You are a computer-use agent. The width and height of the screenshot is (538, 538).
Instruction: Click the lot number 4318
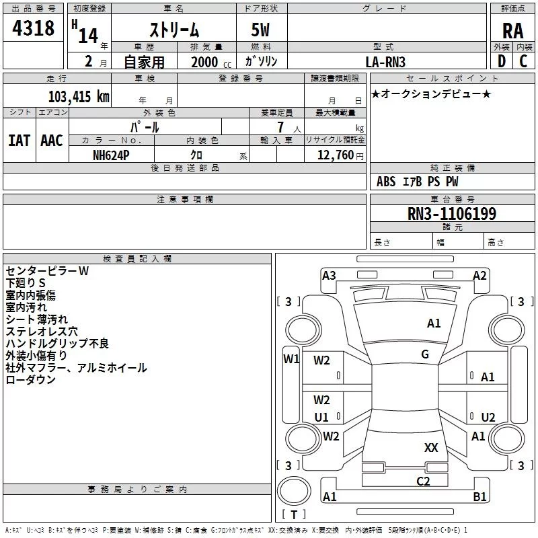[33, 28]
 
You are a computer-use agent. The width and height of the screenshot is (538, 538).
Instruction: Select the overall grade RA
[512, 30]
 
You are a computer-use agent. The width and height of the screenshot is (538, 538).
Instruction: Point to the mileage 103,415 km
[79, 96]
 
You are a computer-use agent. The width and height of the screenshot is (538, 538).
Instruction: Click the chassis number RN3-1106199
[452, 214]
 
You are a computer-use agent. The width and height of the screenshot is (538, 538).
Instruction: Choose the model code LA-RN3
[385, 62]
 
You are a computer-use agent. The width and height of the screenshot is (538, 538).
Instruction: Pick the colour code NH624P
[112, 155]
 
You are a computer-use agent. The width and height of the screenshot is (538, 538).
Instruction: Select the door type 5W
[261, 30]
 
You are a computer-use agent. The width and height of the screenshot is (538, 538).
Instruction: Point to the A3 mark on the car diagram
[329, 274]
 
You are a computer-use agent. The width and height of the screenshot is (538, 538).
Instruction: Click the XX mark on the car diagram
[431, 447]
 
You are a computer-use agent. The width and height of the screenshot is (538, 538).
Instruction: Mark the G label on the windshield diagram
[425, 354]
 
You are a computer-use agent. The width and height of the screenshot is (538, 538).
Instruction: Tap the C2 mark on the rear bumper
[423, 480]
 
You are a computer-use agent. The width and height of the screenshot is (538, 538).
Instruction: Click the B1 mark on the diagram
[480, 497]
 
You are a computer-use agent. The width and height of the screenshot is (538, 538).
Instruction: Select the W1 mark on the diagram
[291, 358]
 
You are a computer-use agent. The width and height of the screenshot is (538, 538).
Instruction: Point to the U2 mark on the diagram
[488, 417]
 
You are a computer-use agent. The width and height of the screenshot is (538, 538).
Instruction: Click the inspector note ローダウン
[31, 380]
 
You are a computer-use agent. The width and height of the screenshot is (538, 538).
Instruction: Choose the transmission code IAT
[19, 140]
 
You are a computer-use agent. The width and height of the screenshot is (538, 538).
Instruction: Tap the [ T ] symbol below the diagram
[293, 515]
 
